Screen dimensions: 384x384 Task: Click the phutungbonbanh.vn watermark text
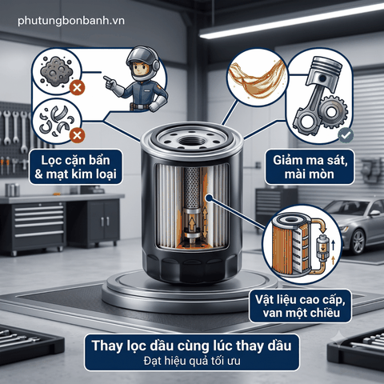(x=71, y=21)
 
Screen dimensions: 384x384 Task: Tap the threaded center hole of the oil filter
(x=191, y=140)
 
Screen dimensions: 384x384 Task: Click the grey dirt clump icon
(x=56, y=71)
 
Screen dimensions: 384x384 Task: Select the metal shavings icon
(x=55, y=120)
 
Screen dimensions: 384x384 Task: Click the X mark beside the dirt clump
(x=78, y=87)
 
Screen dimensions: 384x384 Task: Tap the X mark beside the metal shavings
(x=78, y=135)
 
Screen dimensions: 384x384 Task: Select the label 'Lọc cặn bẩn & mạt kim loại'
(x=76, y=167)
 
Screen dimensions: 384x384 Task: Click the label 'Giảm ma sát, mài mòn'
(x=310, y=167)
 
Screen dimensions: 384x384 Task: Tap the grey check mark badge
(x=346, y=135)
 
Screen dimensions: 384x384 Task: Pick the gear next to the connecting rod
(x=332, y=112)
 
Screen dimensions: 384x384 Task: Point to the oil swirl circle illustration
(x=257, y=78)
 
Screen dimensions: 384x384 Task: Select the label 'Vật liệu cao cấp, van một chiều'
(x=300, y=306)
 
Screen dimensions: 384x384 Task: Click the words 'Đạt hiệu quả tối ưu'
(x=192, y=361)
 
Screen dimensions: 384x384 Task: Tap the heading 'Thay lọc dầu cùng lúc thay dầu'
(x=192, y=346)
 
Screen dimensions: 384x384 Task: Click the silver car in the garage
(x=354, y=223)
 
